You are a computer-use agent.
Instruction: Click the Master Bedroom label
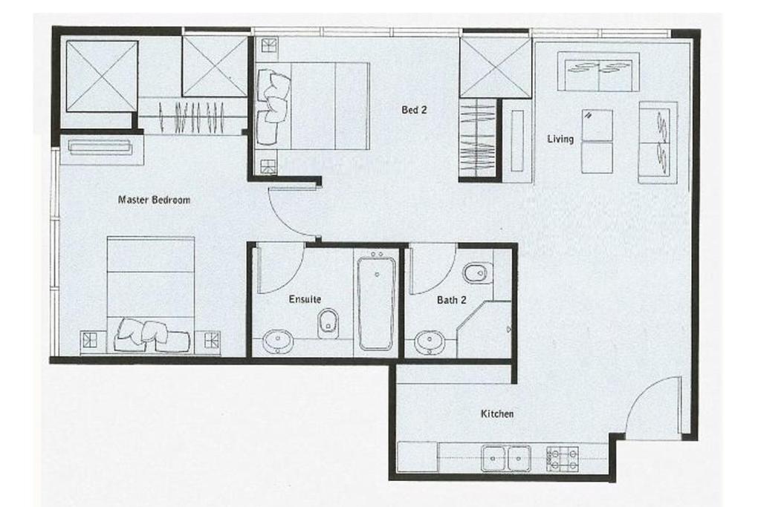pyautogui.click(x=155, y=200)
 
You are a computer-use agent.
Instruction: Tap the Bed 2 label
pyautogui.click(x=415, y=110)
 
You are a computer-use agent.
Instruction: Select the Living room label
pyautogui.click(x=560, y=139)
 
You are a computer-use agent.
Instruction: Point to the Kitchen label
pyautogui.click(x=496, y=413)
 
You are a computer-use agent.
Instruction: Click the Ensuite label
pyautogui.click(x=305, y=300)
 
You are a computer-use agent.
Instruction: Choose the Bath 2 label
pyautogui.click(x=452, y=301)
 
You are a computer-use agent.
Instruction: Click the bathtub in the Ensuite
pyautogui.click(x=377, y=301)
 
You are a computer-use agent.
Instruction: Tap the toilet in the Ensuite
pyautogui.click(x=328, y=323)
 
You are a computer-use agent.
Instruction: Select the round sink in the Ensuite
pyautogui.click(x=277, y=342)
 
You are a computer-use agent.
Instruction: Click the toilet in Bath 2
pyautogui.click(x=476, y=274)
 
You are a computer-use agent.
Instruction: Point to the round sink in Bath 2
pyautogui.click(x=429, y=342)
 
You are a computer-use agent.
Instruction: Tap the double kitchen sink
pyautogui.click(x=505, y=457)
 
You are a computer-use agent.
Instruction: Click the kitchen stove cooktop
pyautogui.click(x=563, y=457)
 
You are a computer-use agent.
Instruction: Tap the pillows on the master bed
pyautogui.click(x=152, y=333)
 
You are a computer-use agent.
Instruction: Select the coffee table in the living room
pyautogui.click(x=597, y=141)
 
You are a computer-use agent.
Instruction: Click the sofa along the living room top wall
pyautogui.click(x=598, y=72)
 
